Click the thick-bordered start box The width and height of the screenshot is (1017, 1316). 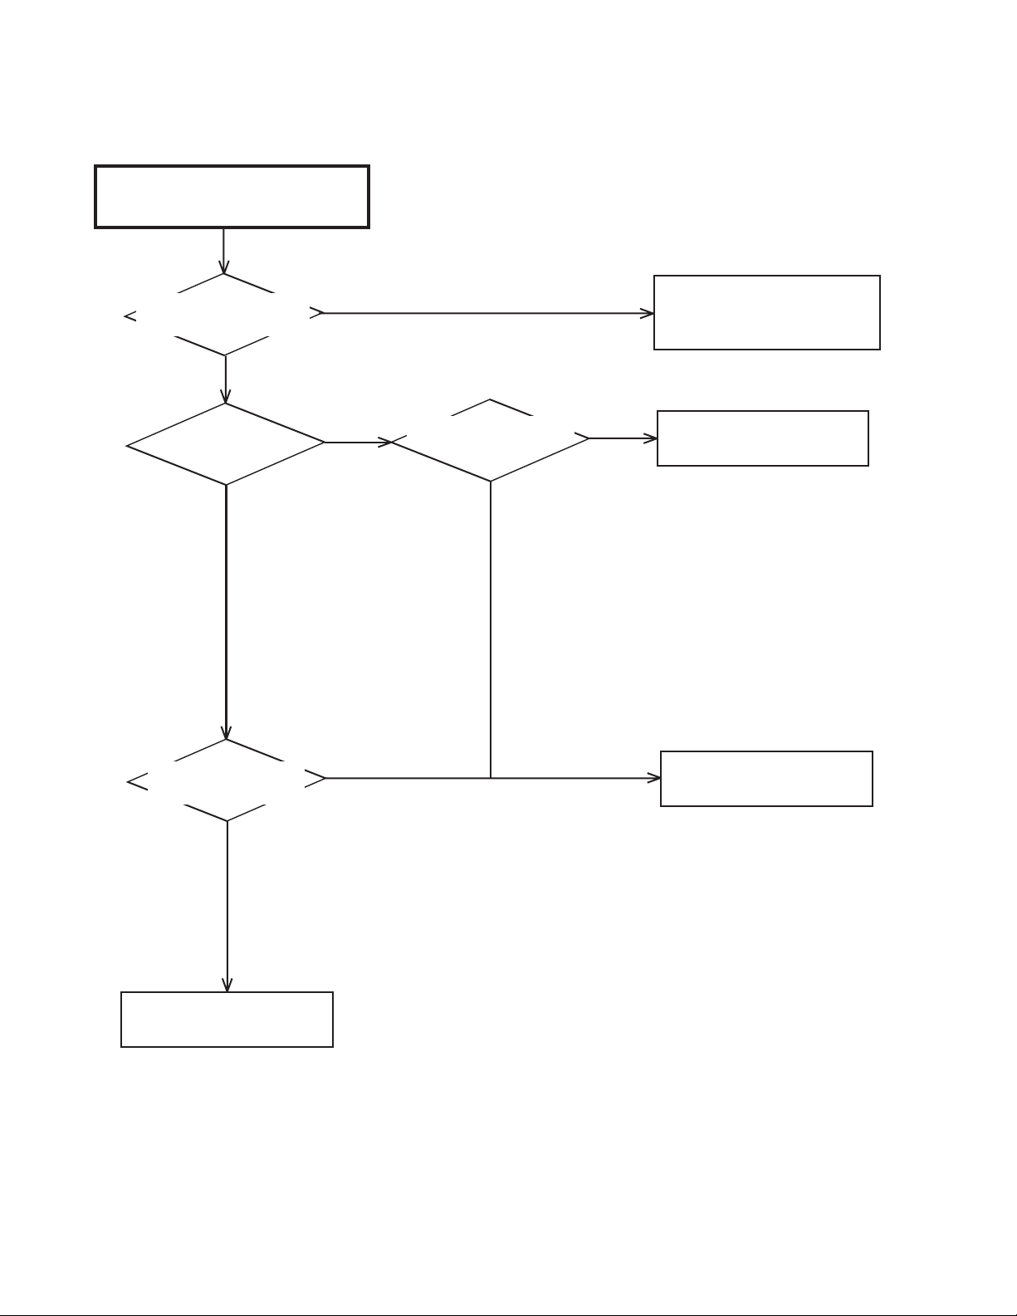click(x=232, y=197)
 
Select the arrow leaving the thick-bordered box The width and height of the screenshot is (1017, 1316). click(x=223, y=250)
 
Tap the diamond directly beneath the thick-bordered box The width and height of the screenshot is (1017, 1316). click(x=224, y=315)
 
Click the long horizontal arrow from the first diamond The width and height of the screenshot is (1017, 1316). click(x=486, y=313)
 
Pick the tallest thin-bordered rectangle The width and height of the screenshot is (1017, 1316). click(x=766, y=312)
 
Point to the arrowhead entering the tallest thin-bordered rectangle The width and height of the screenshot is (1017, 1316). click(x=648, y=313)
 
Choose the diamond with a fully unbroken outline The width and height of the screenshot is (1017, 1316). click(x=226, y=444)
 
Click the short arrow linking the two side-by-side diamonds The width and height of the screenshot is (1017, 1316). click(x=357, y=443)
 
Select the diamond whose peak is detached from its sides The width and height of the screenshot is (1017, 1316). click(x=490, y=440)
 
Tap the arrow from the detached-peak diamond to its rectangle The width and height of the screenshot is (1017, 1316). click(x=623, y=438)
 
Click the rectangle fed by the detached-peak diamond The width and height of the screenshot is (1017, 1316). click(x=762, y=438)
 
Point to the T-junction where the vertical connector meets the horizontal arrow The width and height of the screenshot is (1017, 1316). click(x=491, y=778)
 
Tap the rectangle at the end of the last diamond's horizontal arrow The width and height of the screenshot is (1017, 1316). click(x=766, y=779)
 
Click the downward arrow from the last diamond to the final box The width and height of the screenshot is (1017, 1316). click(x=227, y=905)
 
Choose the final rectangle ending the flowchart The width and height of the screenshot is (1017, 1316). click(x=227, y=1019)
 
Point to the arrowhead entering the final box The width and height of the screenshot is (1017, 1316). click(x=227, y=986)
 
